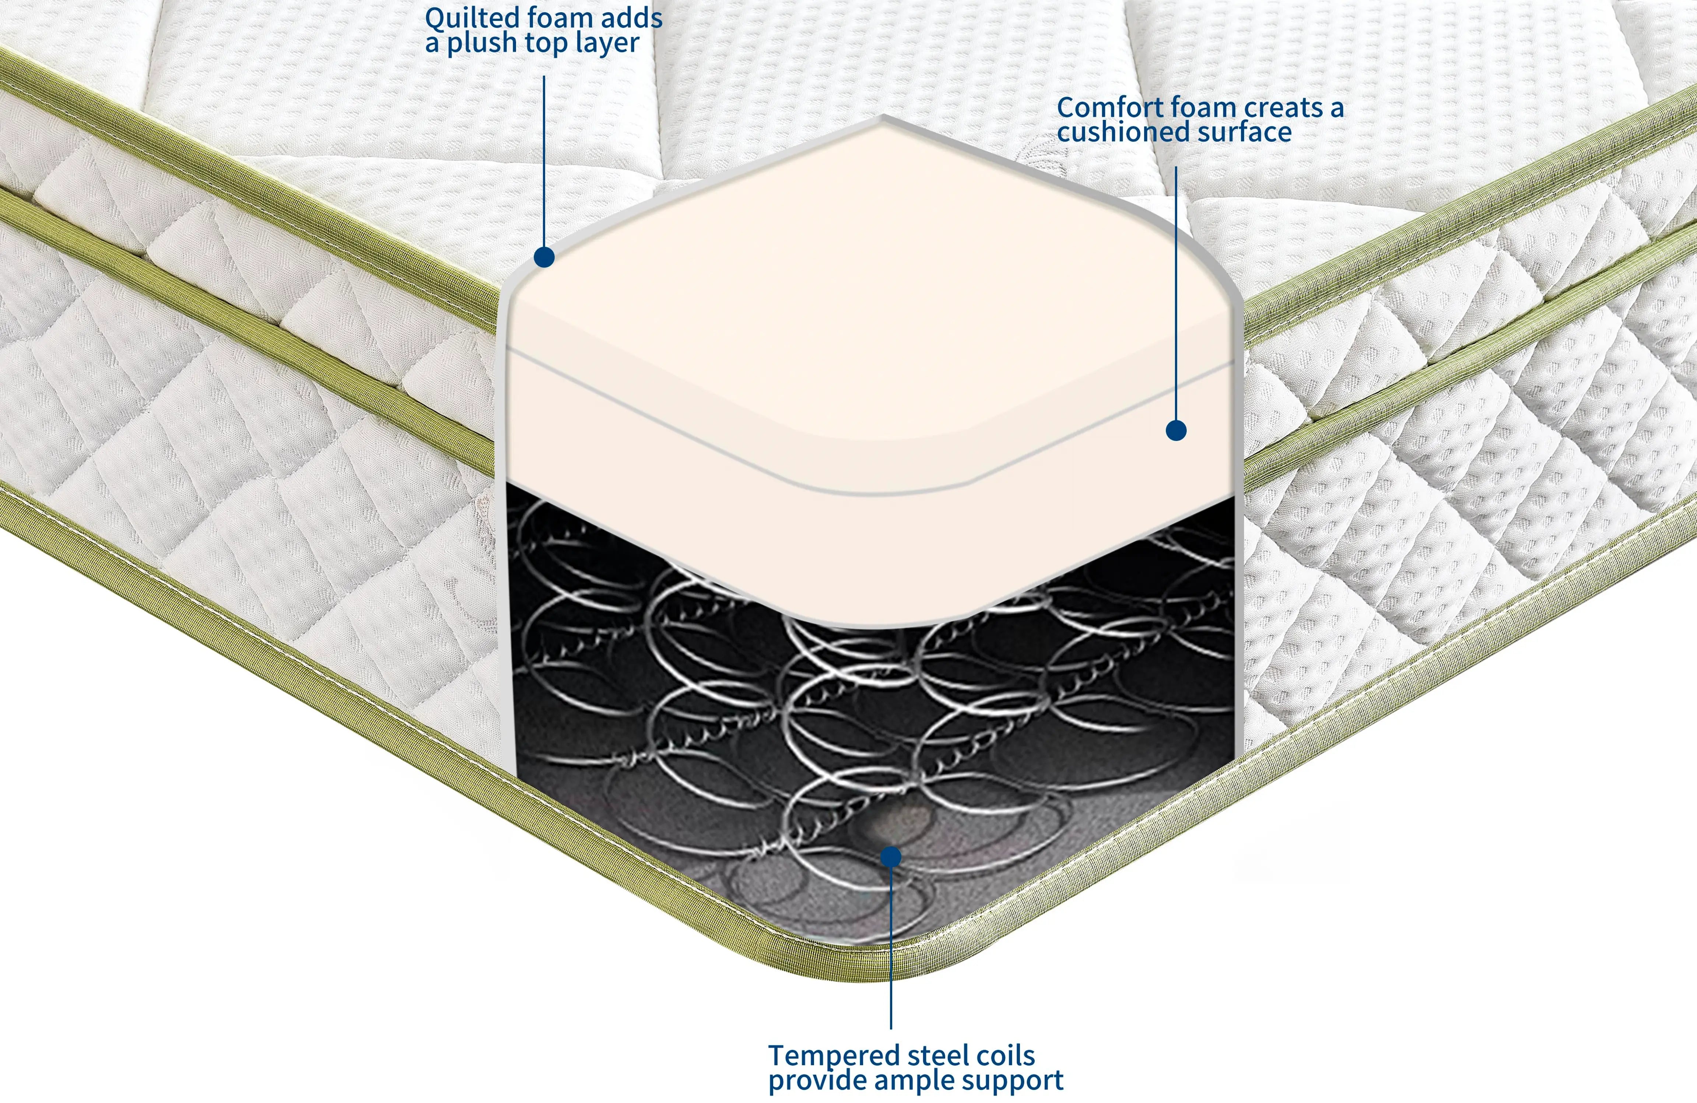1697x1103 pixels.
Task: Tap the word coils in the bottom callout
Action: click(1005, 1056)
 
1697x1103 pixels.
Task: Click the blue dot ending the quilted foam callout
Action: click(544, 257)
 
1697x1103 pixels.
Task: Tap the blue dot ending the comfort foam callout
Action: click(1176, 430)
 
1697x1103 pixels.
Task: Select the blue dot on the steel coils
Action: click(891, 856)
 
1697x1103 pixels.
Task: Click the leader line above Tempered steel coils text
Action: click(891, 948)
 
